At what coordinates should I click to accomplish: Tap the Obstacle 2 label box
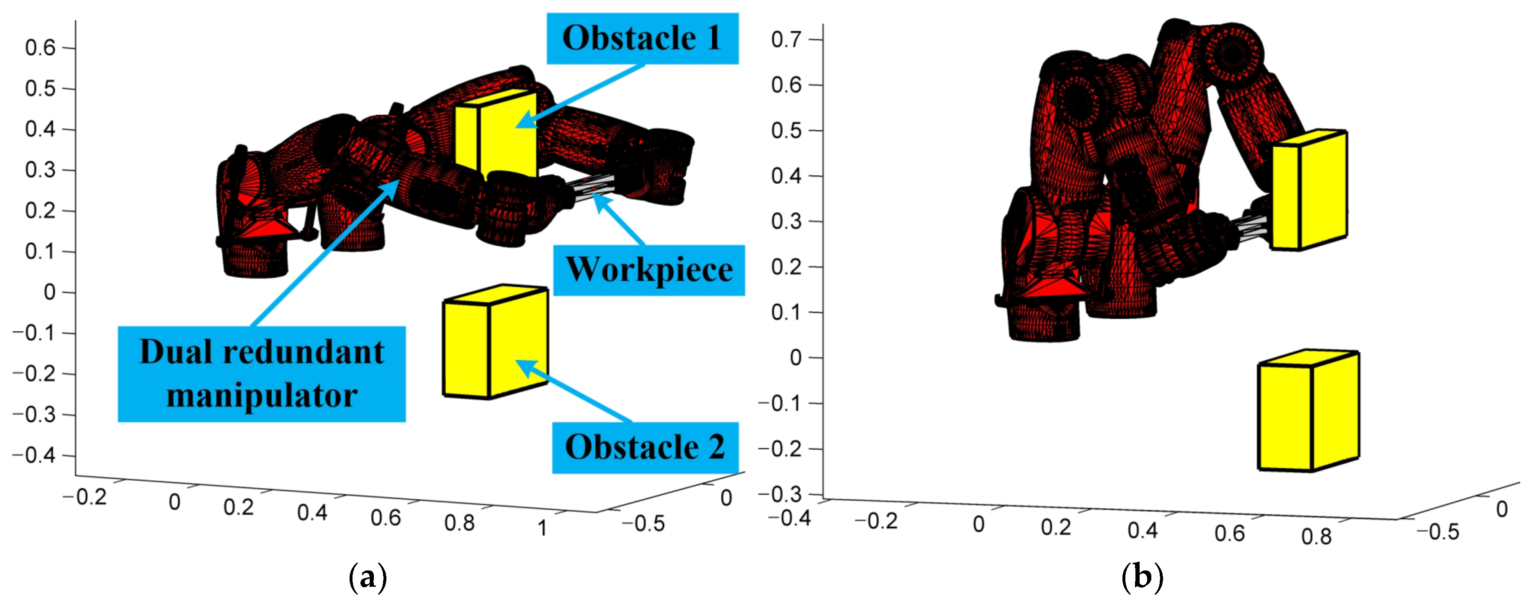645,447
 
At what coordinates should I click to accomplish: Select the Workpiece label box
649,270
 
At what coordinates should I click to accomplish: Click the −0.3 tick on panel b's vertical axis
780,494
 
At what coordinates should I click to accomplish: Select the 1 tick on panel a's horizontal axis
542,528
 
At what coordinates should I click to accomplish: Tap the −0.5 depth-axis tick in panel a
643,524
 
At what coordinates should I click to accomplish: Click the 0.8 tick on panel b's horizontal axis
1316,537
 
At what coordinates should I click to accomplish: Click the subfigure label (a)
368,577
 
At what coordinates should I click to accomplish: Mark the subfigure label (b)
1142,577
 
